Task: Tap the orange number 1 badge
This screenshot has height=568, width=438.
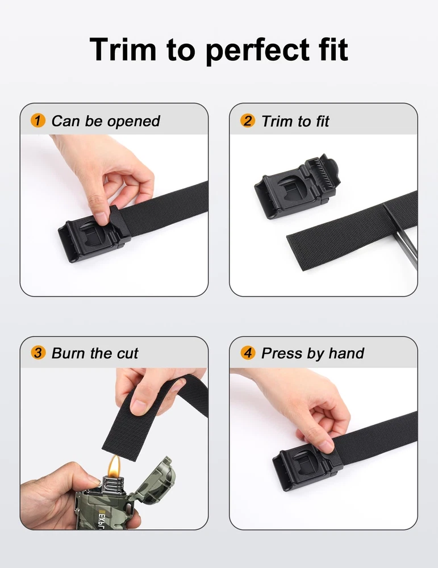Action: (x=38, y=120)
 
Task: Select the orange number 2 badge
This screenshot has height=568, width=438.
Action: (x=248, y=120)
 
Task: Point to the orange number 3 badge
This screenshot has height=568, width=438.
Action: (x=38, y=353)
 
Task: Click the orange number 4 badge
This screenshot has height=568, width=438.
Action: (x=248, y=353)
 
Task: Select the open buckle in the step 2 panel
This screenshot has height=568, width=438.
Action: (x=297, y=186)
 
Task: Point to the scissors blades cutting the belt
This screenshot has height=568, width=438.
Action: (x=401, y=236)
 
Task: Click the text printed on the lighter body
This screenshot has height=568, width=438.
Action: (x=102, y=520)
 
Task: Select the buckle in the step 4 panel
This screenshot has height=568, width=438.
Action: (x=308, y=468)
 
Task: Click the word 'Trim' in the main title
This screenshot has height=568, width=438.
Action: (x=123, y=49)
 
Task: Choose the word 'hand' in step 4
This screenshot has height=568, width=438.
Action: (x=347, y=353)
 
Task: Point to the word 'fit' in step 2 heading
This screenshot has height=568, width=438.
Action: (x=322, y=122)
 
